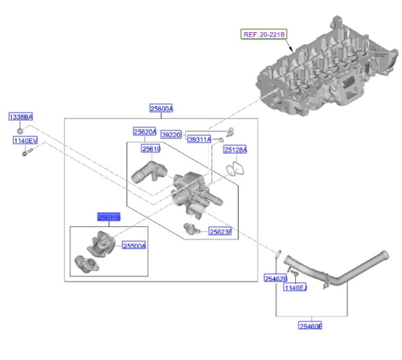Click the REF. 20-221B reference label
point(263,34)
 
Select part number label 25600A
point(161,109)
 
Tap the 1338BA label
point(21,117)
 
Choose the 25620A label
point(145,132)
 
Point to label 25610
point(151,149)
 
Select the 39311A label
point(199,140)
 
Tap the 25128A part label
point(236,150)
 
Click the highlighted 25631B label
point(109,218)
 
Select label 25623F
point(220,231)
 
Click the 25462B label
point(276,278)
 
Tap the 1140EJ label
point(295,288)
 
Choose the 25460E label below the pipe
point(311,326)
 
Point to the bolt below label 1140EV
point(27,153)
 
